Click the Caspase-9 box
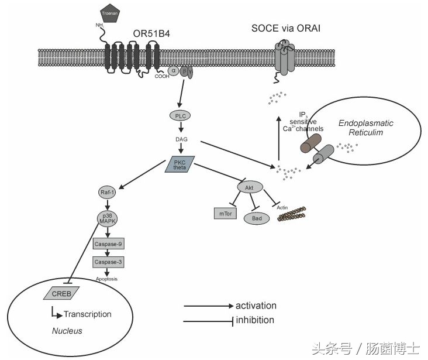[x=108, y=244]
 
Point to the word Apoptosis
[x=106, y=279]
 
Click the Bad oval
[x=256, y=218]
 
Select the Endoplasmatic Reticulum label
[x=366, y=128]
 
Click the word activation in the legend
[x=256, y=306]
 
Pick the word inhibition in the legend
[x=254, y=320]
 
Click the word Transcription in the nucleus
[x=87, y=314]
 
